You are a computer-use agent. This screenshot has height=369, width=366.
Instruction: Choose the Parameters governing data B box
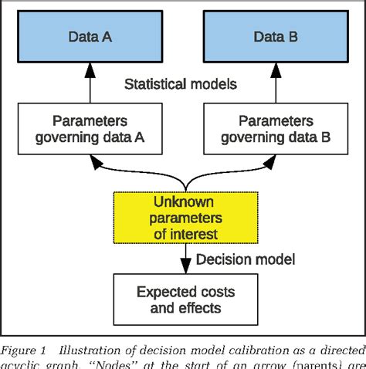click(x=275, y=130)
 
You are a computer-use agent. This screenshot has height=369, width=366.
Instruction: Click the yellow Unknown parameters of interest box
click(x=185, y=218)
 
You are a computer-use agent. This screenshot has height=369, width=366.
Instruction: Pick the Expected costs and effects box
click(x=185, y=300)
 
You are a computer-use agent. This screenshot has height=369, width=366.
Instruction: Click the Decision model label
click(x=244, y=259)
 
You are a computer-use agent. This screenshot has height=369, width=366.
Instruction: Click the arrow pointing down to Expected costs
click(x=185, y=259)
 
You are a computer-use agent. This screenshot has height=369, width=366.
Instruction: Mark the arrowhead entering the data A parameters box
click(x=95, y=162)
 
